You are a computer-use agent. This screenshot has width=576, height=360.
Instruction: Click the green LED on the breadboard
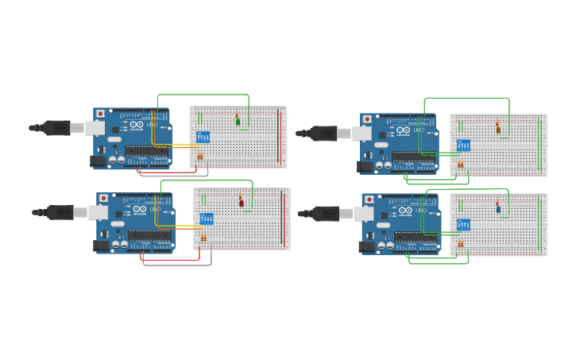[238, 122]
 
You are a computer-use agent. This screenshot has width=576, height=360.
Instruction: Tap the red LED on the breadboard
[242, 203]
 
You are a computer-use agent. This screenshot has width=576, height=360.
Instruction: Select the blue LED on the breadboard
[498, 210]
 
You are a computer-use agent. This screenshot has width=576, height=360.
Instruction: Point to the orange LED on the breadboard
[498, 130]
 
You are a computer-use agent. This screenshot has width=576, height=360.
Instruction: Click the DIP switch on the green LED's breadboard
[203, 137]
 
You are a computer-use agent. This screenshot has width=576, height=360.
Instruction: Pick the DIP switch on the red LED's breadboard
[207, 219]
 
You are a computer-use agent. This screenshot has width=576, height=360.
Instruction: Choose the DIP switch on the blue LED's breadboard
[463, 225]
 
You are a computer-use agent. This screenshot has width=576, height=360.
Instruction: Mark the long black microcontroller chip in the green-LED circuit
[146, 151]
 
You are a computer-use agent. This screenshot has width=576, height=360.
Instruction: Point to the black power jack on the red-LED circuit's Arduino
[102, 246]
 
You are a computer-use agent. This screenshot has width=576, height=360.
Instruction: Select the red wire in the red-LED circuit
[171, 260]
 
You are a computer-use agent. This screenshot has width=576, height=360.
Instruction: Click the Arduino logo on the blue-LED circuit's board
[404, 211]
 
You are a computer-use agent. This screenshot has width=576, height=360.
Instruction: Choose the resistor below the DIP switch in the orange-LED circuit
[460, 165]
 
